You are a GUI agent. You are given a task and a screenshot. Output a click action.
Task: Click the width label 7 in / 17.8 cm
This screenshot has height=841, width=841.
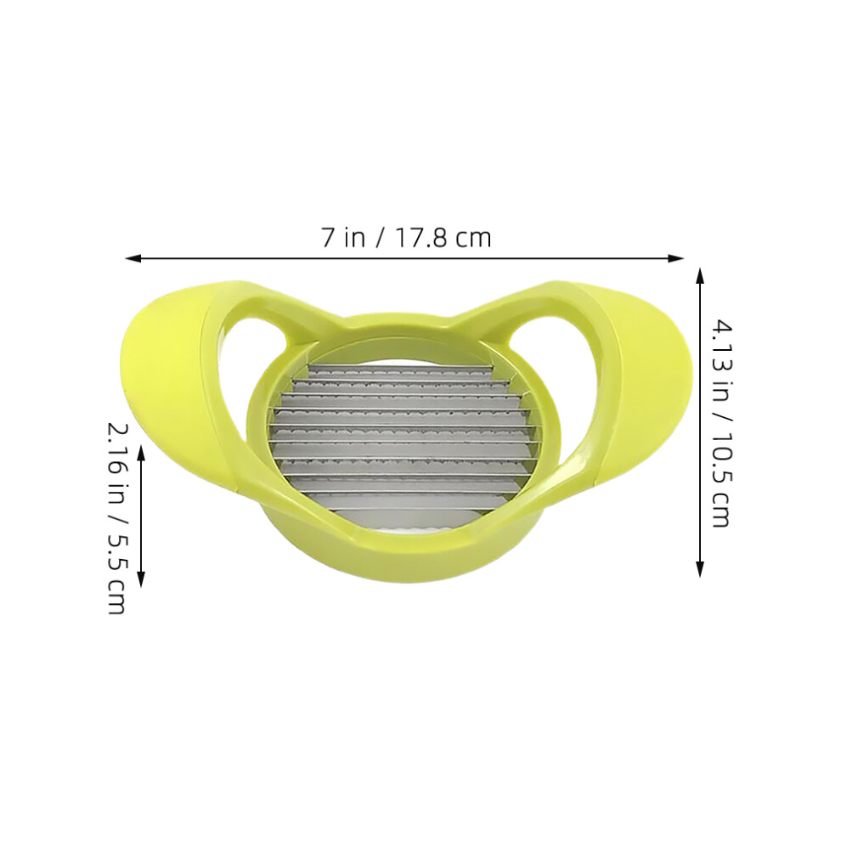coord(406,238)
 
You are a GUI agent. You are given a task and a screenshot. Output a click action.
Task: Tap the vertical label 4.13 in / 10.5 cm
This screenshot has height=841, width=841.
coord(721,423)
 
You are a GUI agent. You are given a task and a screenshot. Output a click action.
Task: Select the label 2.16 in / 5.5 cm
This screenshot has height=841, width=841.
coord(117,518)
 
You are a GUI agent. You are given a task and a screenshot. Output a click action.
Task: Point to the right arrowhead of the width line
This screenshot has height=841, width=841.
coord(676,258)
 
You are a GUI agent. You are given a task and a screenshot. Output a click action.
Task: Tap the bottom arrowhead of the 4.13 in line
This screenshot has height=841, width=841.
coord(699,569)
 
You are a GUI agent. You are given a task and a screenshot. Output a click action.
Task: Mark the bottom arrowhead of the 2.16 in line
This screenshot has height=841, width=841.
coord(141,579)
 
